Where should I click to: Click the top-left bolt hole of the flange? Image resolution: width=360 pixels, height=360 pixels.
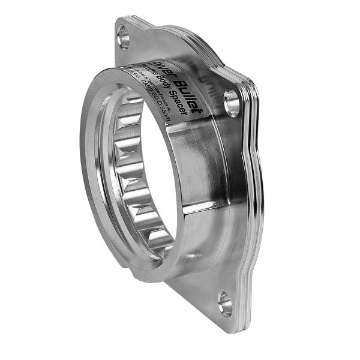(123, 37)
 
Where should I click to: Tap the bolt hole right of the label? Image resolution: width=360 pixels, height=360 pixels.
(232, 103)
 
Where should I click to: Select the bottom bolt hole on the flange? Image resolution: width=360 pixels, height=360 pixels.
(224, 304)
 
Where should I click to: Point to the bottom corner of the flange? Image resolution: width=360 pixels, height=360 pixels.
(231, 329)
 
